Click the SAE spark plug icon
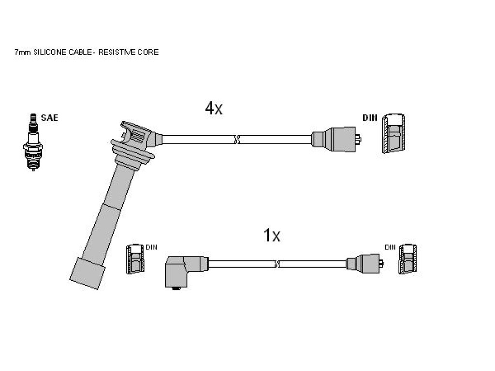[33, 142]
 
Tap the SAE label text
[50, 118]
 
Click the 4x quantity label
[214, 108]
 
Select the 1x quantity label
[272, 235]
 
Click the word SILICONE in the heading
[50, 52]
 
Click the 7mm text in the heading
[23, 52]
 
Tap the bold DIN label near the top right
[370, 118]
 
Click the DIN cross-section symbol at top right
[393, 133]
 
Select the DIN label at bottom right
[390, 247]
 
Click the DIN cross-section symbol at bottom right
[408, 259]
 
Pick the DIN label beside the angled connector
[151, 247]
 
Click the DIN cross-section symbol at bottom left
[135, 259]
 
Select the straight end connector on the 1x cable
[364, 263]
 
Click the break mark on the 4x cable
[237, 139]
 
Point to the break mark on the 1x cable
[277, 264]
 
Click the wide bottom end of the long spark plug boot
[87, 273]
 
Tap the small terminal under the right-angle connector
[176, 288]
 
